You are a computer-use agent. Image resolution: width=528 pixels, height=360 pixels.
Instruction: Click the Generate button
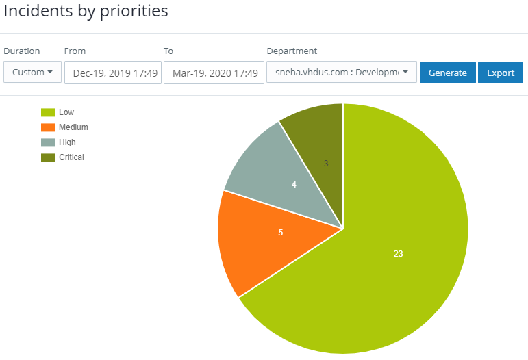click(x=447, y=73)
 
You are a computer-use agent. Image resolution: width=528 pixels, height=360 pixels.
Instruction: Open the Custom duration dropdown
click(x=32, y=73)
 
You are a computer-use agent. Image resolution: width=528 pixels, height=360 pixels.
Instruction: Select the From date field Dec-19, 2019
click(x=113, y=73)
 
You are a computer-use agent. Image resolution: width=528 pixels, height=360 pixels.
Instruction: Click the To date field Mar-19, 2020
click(x=214, y=73)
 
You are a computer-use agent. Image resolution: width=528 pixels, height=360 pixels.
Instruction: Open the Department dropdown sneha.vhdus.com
click(x=341, y=73)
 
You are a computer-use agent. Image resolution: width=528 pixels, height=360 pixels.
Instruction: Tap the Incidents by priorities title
click(x=86, y=12)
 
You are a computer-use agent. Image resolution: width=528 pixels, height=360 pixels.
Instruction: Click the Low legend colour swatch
click(x=48, y=112)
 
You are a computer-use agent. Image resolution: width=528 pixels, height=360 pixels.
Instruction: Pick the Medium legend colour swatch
click(x=48, y=127)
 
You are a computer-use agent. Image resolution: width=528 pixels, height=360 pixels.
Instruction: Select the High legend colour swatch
click(x=48, y=142)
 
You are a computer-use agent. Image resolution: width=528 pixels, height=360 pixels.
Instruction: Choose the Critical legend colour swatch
click(x=48, y=157)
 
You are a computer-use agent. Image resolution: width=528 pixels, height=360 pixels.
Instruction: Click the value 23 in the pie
click(x=398, y=254)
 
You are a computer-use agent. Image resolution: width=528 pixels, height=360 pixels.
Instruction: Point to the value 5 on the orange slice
click(x=280, y=233)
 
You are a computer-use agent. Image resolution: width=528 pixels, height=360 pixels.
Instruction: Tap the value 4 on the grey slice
click(x=294, y=185)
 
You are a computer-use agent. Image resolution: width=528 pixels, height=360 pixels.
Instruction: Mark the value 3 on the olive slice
click(x=326, y=163)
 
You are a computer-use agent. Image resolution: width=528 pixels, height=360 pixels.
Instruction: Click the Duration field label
click(x=22, y=51)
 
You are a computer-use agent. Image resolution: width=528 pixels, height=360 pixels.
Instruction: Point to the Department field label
click(x=292, y=51)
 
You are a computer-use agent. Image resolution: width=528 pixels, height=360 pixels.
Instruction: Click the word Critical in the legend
click(x=71, y=157)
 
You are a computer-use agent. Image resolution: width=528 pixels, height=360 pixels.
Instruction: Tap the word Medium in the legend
click(x=73, y=127)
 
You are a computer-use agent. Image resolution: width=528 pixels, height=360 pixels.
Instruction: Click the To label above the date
click(x=168, y=51)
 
